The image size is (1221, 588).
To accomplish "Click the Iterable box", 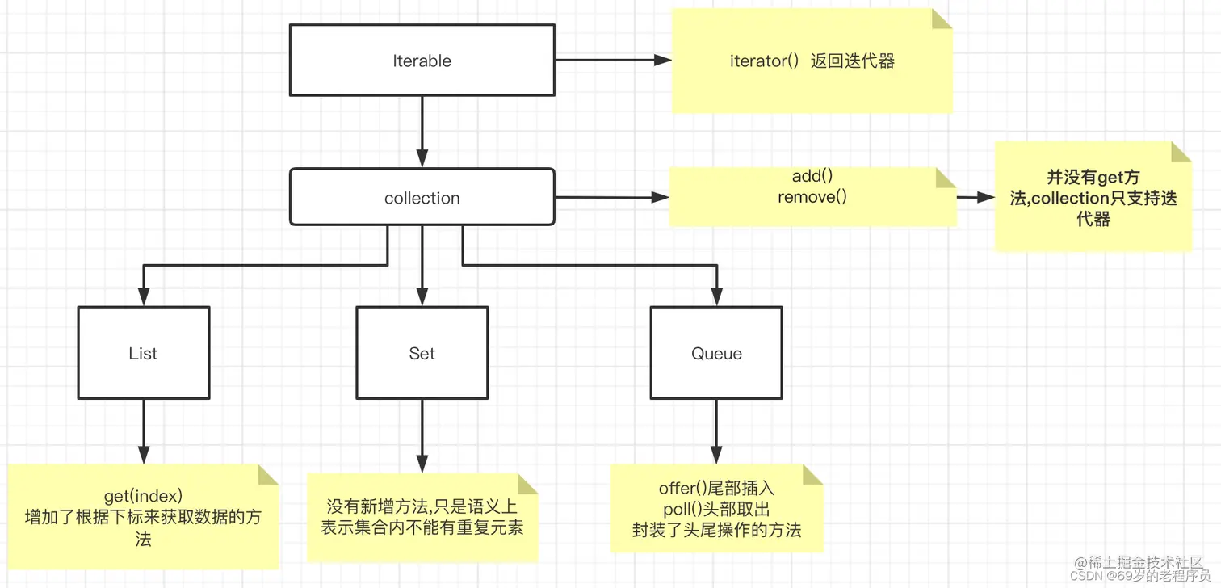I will (422, 61).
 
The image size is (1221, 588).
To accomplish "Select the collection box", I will (422, 197).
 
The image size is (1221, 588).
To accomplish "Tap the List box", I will (143, 353).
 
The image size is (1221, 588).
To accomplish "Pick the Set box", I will (422, 353).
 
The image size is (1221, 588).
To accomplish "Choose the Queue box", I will (716, 353).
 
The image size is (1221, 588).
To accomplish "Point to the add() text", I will (812, 177).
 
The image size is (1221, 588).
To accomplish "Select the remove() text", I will (812, 196).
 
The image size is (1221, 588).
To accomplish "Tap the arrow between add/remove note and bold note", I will (975, 197).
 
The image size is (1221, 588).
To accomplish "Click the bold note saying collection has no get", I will (1093, 198).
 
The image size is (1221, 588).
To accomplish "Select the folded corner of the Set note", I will (527, 484).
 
